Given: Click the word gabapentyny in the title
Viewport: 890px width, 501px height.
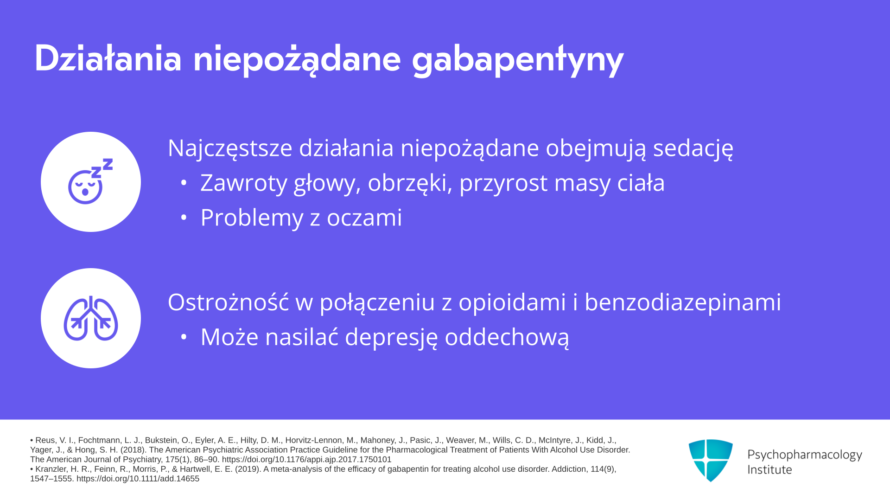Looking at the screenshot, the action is click(x=517, y=60).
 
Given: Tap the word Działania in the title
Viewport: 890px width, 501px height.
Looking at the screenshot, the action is click(x=108, y=58).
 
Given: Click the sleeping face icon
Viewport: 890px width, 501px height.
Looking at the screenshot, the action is click(x=90, y=181).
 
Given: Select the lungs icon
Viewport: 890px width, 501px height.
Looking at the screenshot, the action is click(x=91, y=318).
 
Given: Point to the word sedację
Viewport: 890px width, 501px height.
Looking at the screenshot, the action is click(x=693, y=149).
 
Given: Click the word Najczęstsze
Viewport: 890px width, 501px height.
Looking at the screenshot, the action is click(x=230, y=149).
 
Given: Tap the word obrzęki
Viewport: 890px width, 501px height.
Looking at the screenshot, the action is click(x=410, y=183).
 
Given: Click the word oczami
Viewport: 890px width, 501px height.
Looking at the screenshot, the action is click(x=364, y=217).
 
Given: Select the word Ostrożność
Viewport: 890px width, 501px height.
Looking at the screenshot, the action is click(x=228, y=302).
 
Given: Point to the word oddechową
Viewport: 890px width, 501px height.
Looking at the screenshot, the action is click(x=507, y=337).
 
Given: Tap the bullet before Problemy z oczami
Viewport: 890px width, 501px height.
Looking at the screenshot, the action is click(x=184, y=217).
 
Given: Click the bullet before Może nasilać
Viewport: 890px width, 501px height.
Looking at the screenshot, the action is click(x=184, y=337).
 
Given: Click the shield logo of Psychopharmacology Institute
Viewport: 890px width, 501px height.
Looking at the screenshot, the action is click(x=711, y=460).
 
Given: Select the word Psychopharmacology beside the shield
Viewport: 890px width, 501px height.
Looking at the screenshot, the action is click(x=805, y=455).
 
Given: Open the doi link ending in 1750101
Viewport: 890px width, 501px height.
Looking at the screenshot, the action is click(x=307, y=460).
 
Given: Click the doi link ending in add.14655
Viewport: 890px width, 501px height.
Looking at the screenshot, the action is click(x=138, y=479).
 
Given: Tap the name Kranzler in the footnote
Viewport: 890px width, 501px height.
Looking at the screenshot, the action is click(x=51, y=469).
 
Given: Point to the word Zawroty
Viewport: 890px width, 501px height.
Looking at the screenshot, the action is click(x=244, y=183).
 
